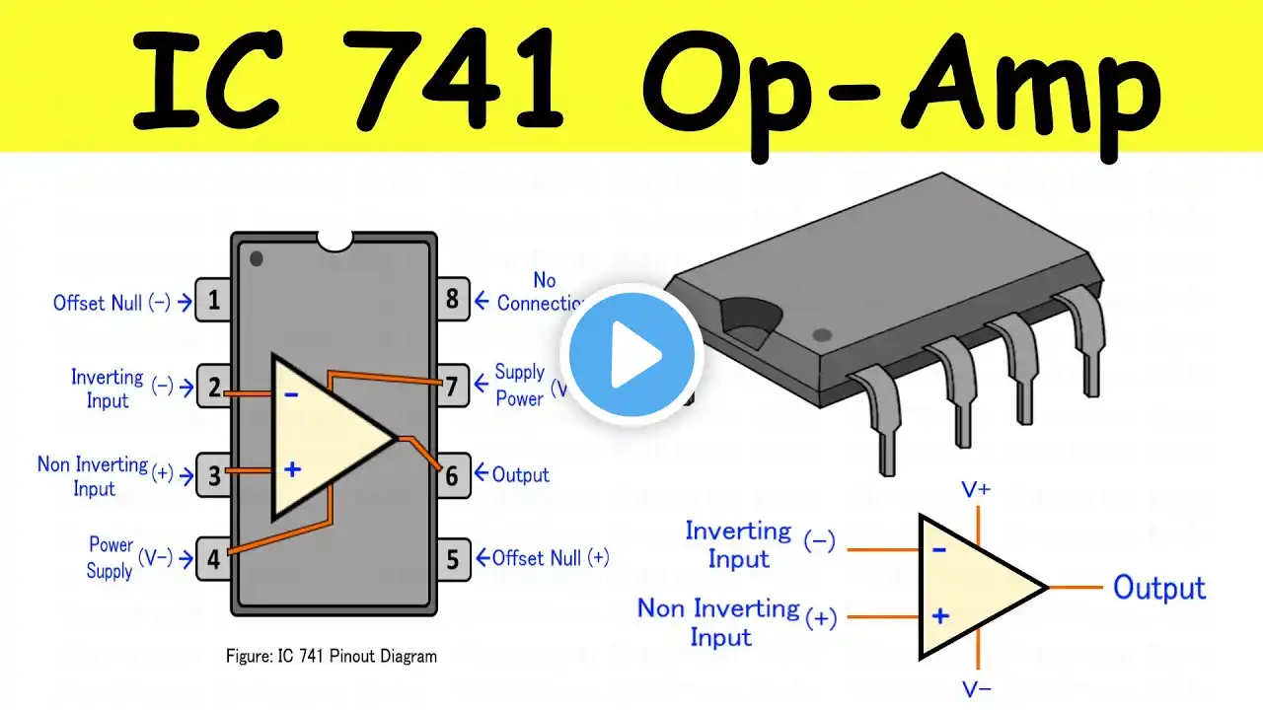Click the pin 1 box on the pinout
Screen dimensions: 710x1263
pos(214,301)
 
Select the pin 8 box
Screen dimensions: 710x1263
pos(452,298)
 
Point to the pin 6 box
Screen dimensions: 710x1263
pos(452,475)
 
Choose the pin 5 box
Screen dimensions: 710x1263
pos(452,559)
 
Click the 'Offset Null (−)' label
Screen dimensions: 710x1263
pos(111,303)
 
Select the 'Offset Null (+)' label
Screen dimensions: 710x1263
pos(550,558)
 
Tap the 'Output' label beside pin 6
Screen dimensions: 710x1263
pos(520,475)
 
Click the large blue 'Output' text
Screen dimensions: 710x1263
pos(1159,588)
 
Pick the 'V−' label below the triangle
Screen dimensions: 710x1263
pos(976,689)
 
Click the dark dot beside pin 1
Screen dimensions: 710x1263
pos(257,258)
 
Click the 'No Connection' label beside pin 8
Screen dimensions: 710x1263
pos(541,292)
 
